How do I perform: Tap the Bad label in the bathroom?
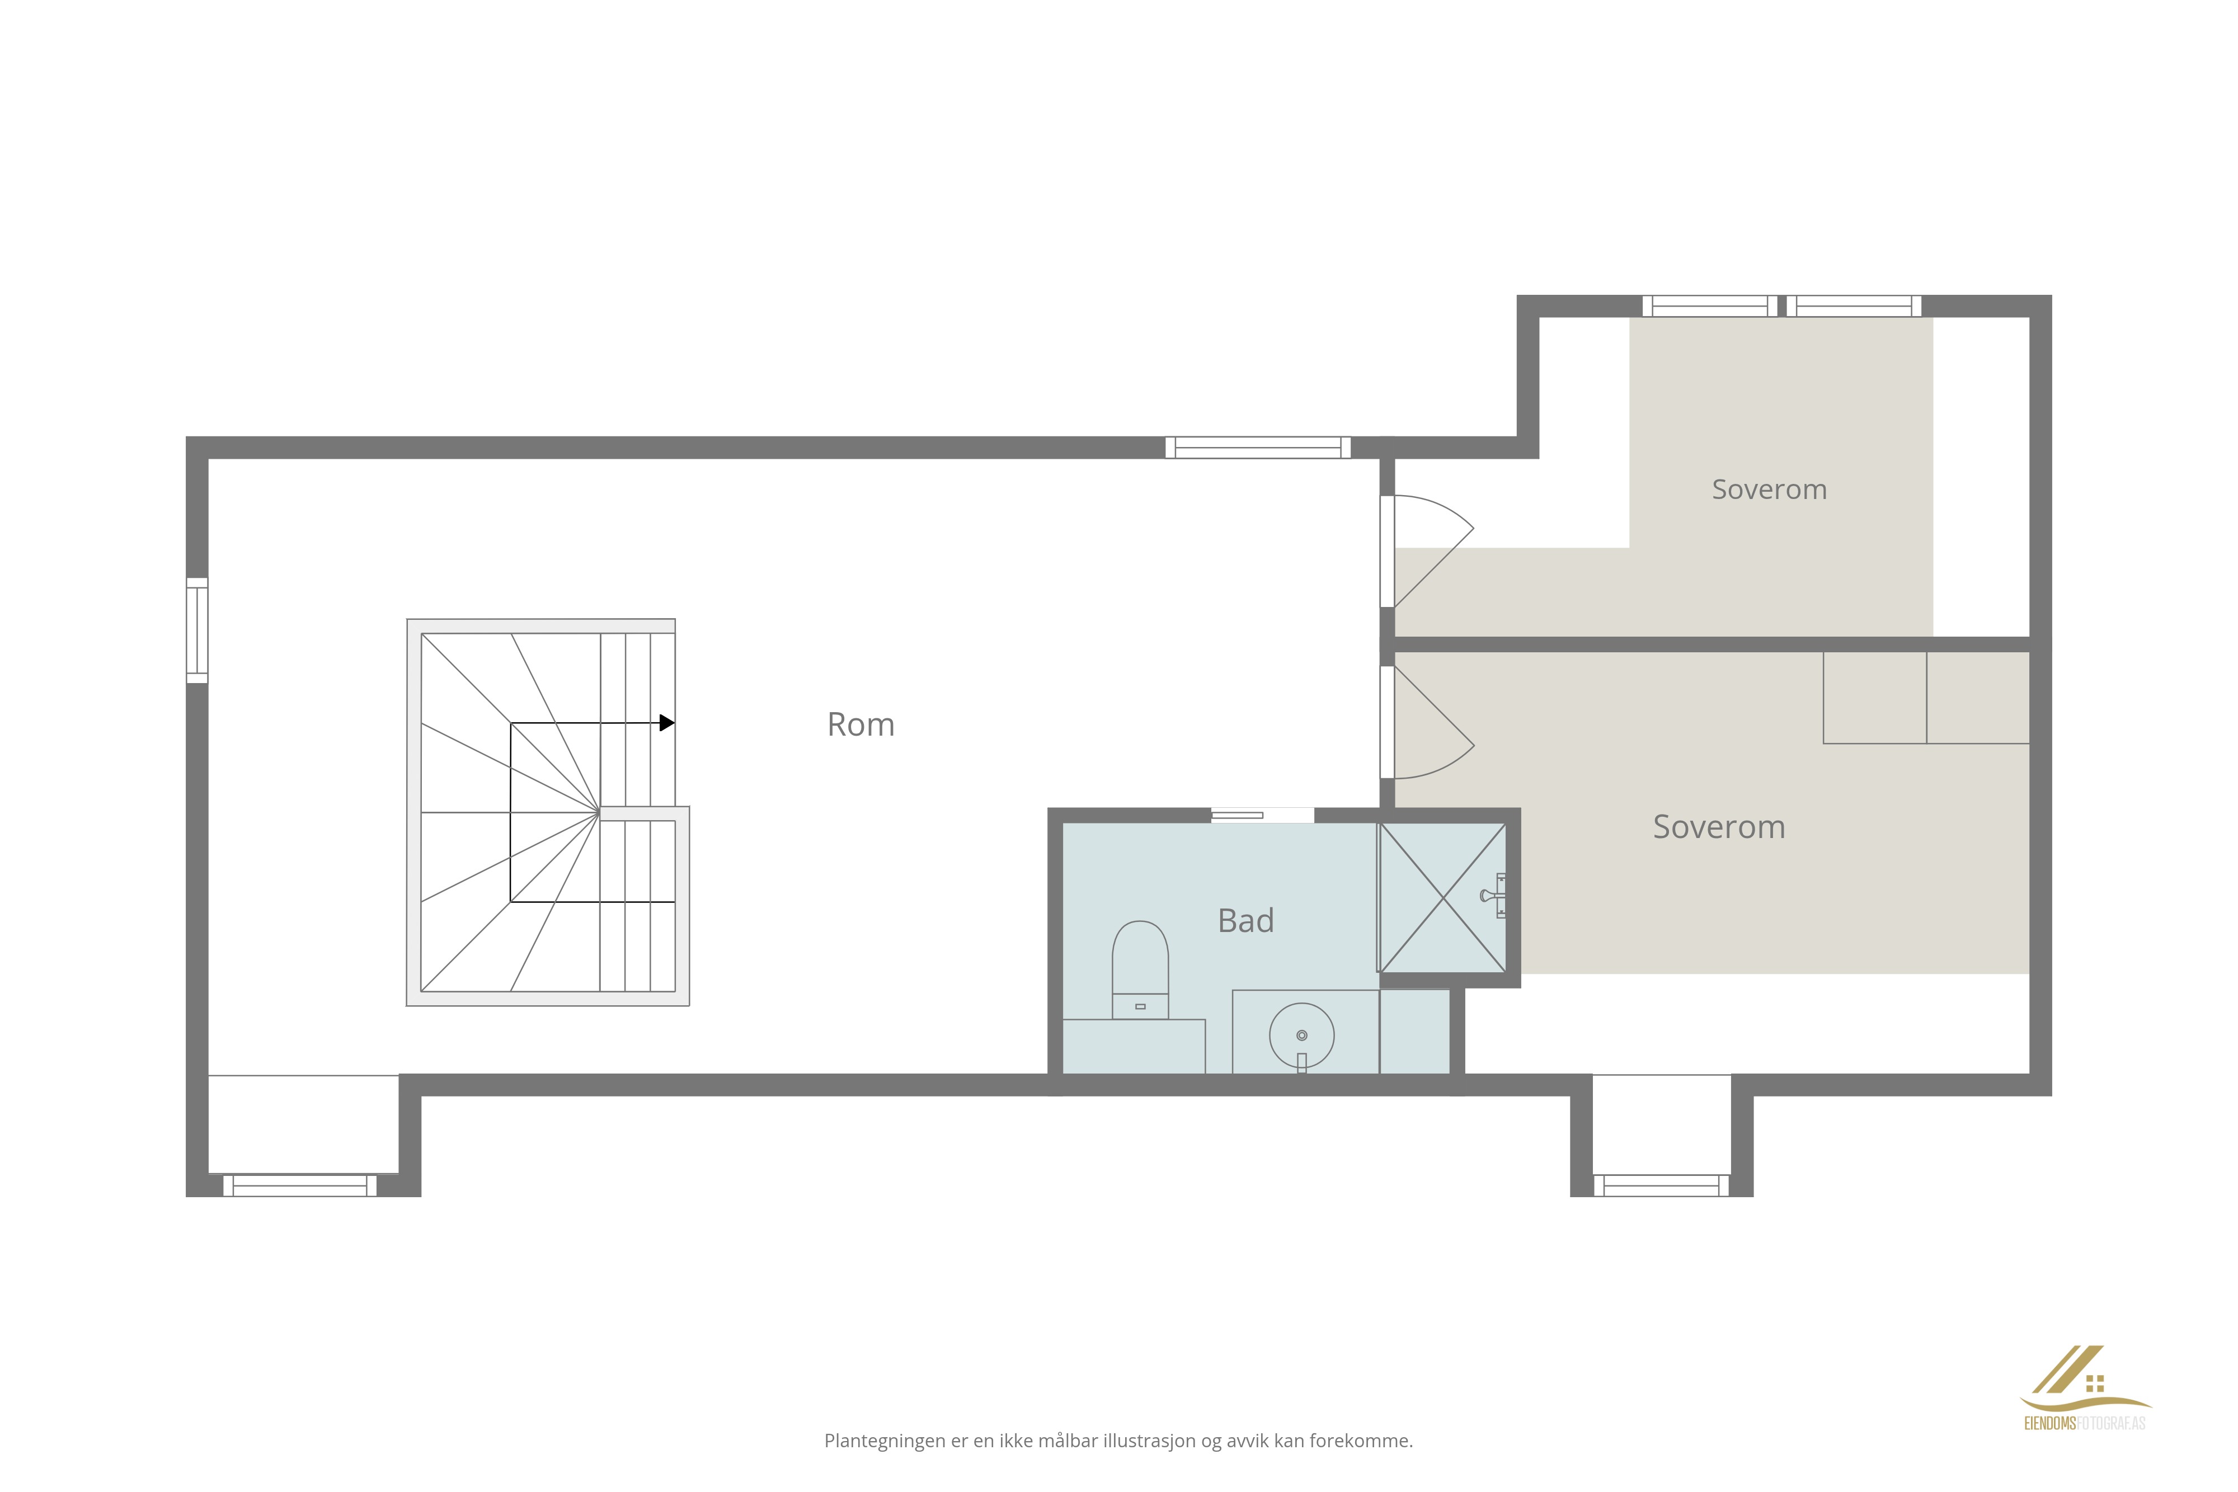1245,920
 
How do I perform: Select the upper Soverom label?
1769,489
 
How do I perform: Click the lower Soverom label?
1718,827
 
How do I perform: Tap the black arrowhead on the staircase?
667,723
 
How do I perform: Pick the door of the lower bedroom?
1427,722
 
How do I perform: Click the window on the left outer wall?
197,630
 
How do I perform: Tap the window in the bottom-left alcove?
300,1185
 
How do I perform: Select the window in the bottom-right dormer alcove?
1661,1185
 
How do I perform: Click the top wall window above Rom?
1258,447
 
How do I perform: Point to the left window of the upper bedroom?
1710,305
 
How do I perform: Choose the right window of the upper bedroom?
1854,305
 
